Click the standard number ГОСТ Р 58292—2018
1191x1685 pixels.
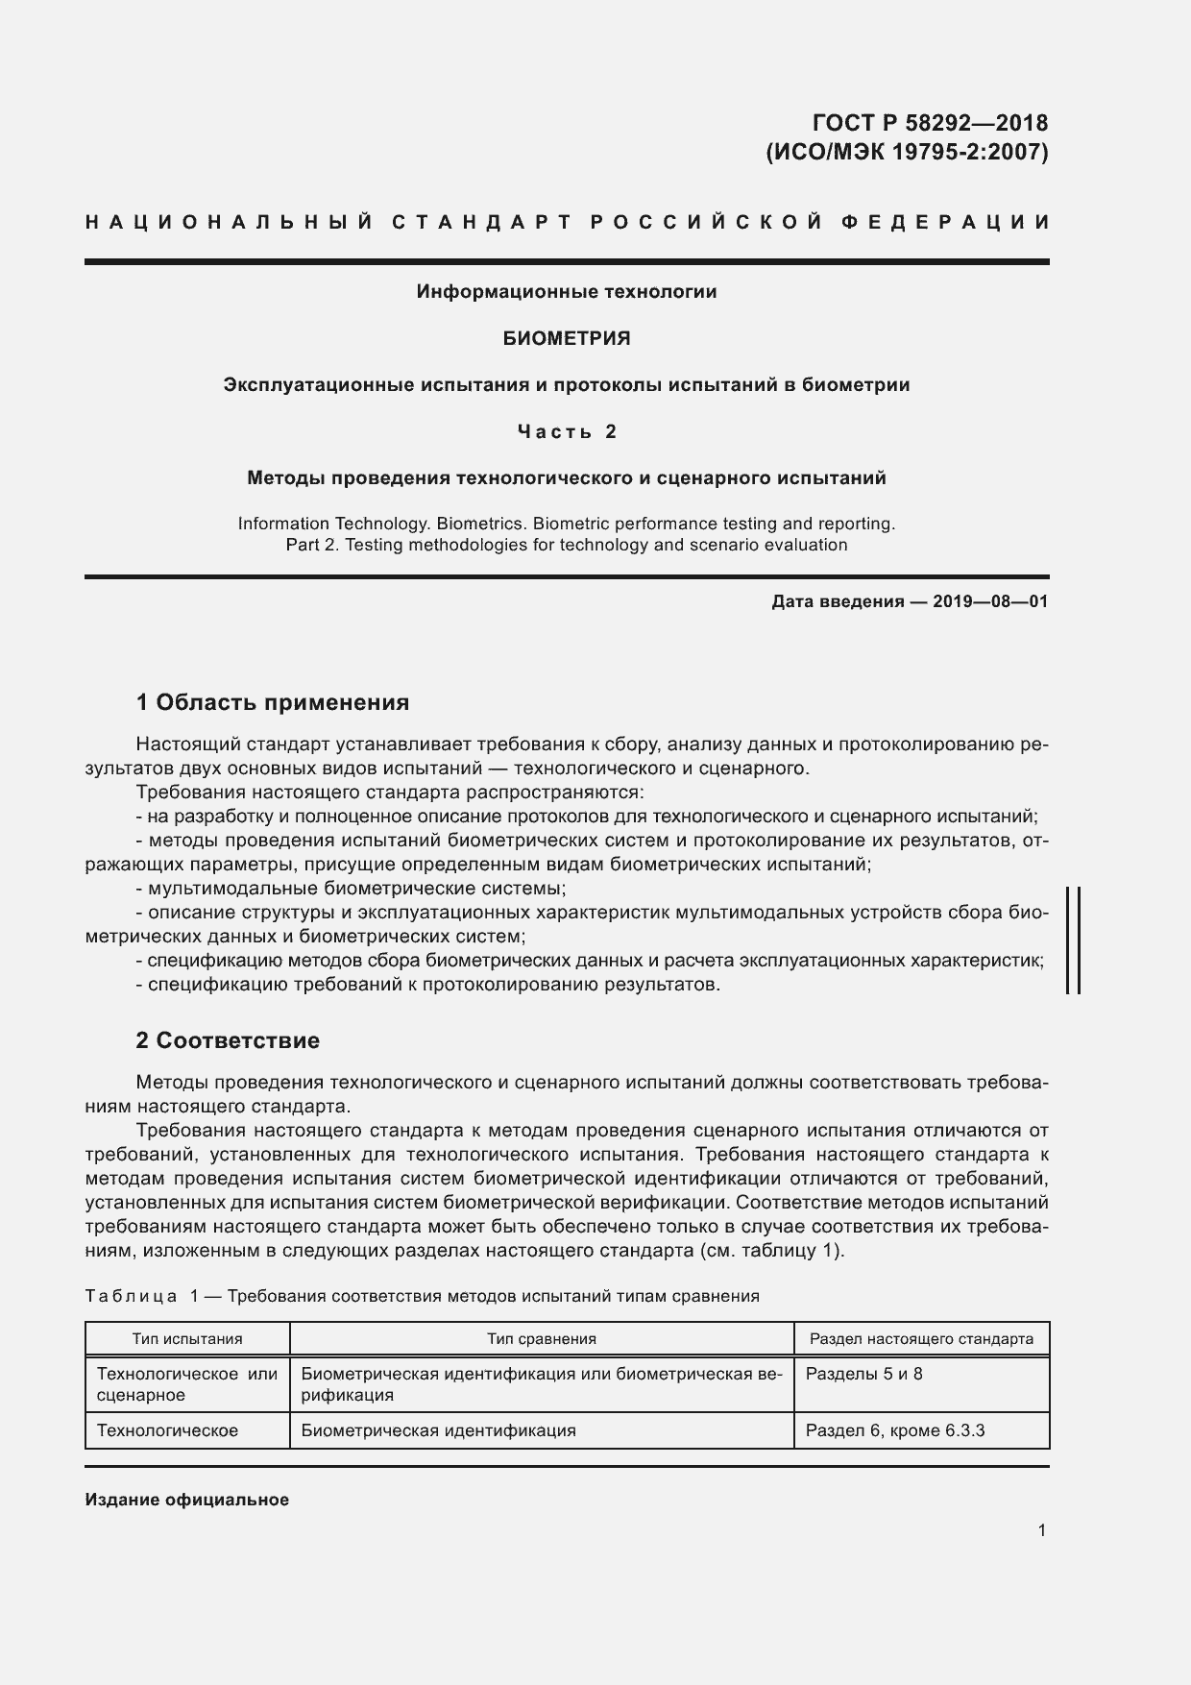[x=930, y=123]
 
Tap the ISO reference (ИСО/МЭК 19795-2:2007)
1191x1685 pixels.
[x=906, y=152]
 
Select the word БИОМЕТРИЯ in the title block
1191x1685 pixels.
[x=567, y=338]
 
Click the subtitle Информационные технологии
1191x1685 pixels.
[x=567, y=291]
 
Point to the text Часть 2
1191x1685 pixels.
[x=567, y=431]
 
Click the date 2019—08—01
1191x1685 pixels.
[x=989, y=602]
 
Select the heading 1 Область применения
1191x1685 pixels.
[x=273, y=702]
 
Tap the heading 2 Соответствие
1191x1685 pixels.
[x=228, y=1040]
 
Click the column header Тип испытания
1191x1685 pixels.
[x=187, y=1338]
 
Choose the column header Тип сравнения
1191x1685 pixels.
[x=542, y=1338]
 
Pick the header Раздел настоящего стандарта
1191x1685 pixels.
[x=921, y=1338]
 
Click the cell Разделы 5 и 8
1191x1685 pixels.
[x=863, y=1374]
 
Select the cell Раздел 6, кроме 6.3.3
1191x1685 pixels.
[x=895, y=1430]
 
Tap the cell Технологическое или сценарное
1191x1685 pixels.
[x=187, y=1384]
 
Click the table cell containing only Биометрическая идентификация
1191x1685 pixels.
[x=438, y=1430]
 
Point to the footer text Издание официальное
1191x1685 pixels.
[x=186, y=1500]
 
